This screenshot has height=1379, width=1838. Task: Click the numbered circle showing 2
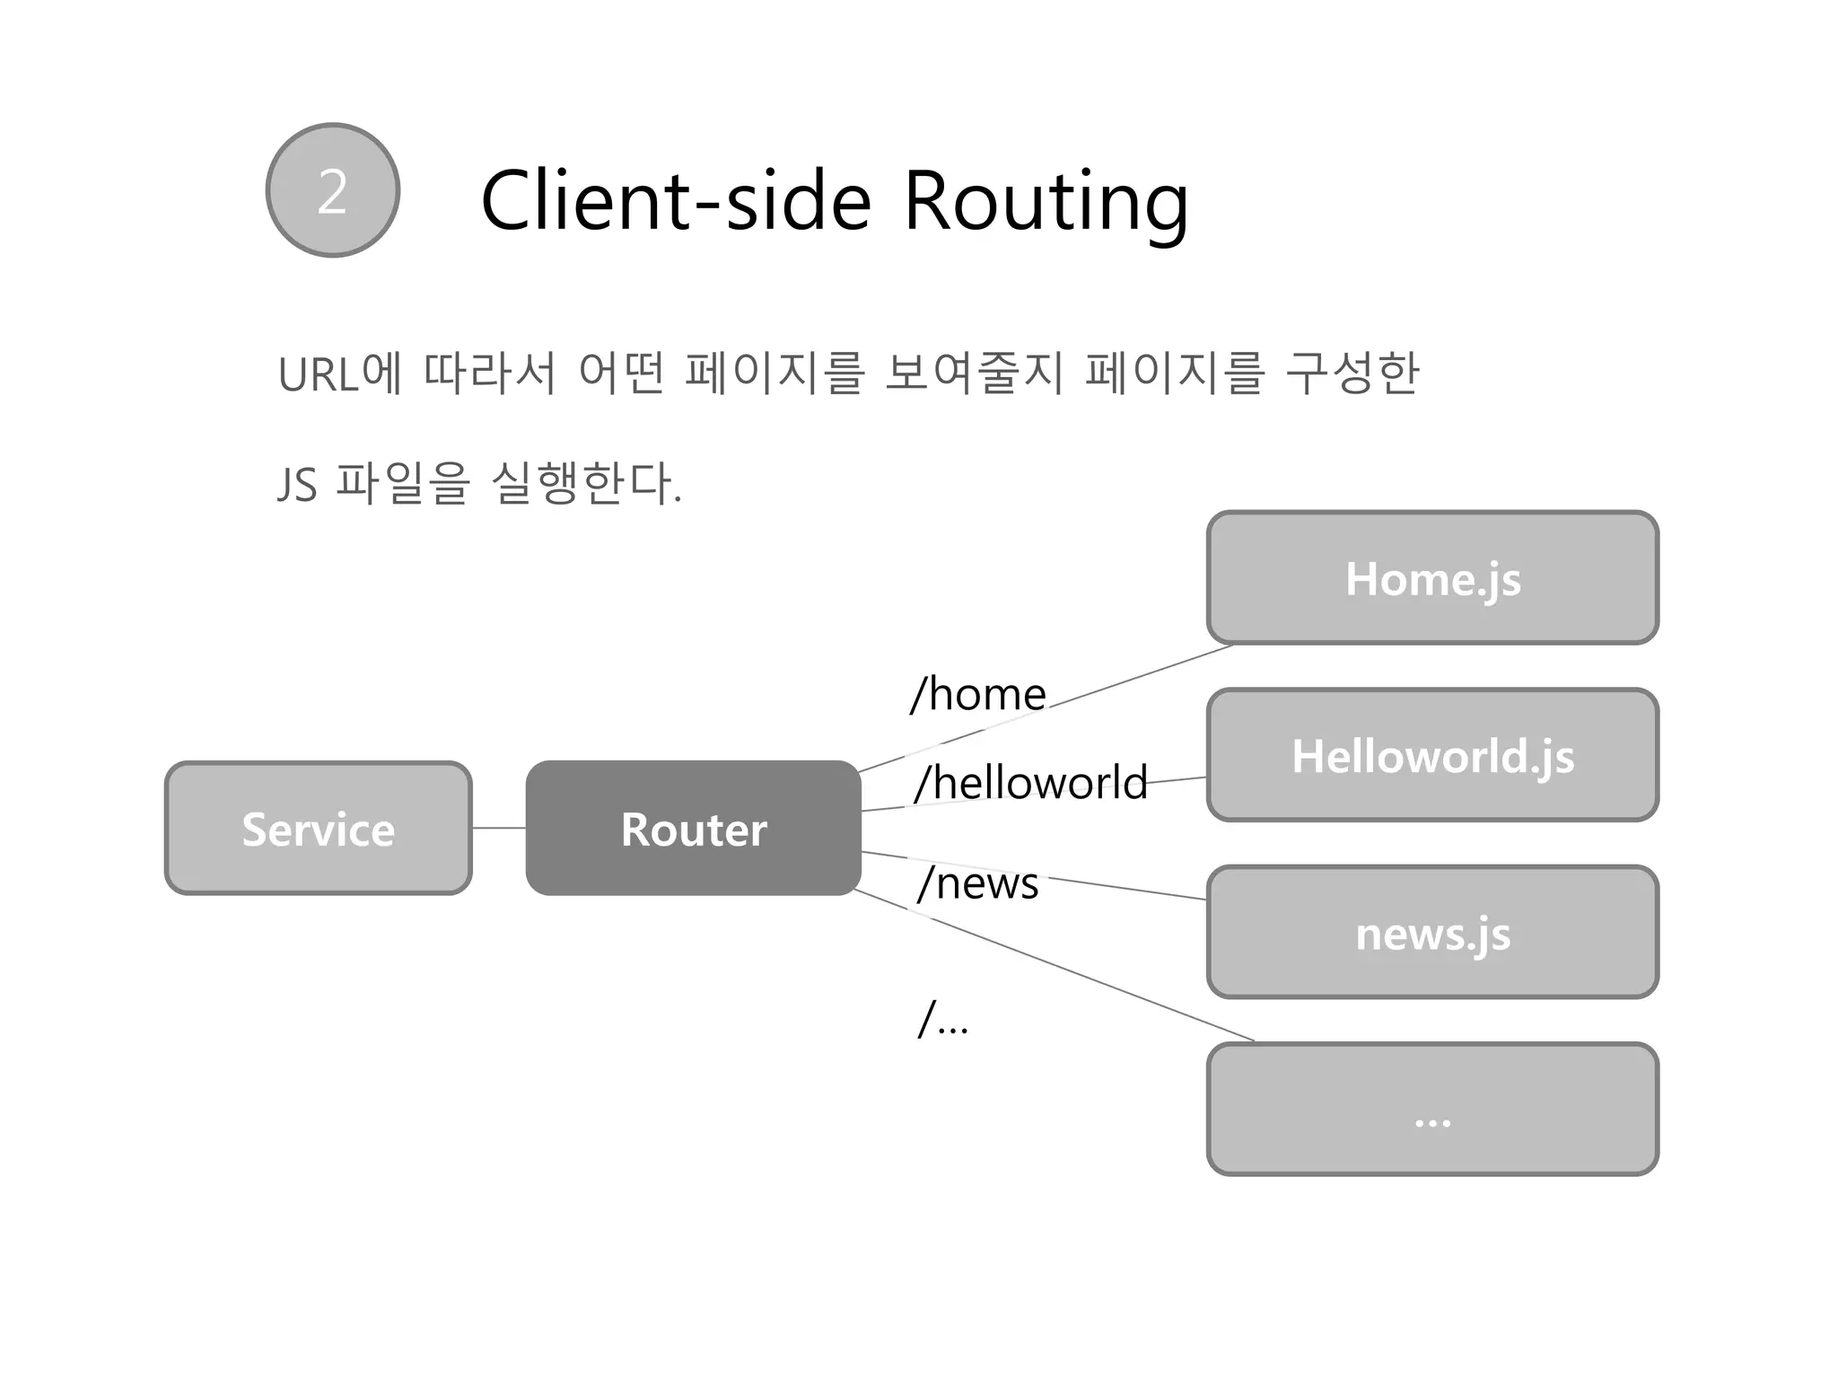pos(332,190)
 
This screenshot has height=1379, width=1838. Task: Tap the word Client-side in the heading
pos(675,201)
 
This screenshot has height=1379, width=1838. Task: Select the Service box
pos(318,828)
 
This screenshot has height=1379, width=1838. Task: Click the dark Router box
pos(693,828)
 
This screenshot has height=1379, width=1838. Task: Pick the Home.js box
pos(1432,578)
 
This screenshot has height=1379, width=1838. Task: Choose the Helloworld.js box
pos(1432,755)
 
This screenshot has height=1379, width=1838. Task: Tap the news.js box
pos(1432,932)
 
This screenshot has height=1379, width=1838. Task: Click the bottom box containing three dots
pos(1432,1110)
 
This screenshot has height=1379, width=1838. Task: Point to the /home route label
pos(978,694)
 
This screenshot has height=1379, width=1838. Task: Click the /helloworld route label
pos(1031,782)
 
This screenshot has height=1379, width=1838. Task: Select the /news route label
pos(978,883)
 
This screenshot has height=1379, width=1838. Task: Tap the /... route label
pos(943,1020)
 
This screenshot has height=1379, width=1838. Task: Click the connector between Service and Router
pos(498,828)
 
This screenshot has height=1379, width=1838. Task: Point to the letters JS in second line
pos(297,486)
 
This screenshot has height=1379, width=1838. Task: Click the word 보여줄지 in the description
pos(974,373)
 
